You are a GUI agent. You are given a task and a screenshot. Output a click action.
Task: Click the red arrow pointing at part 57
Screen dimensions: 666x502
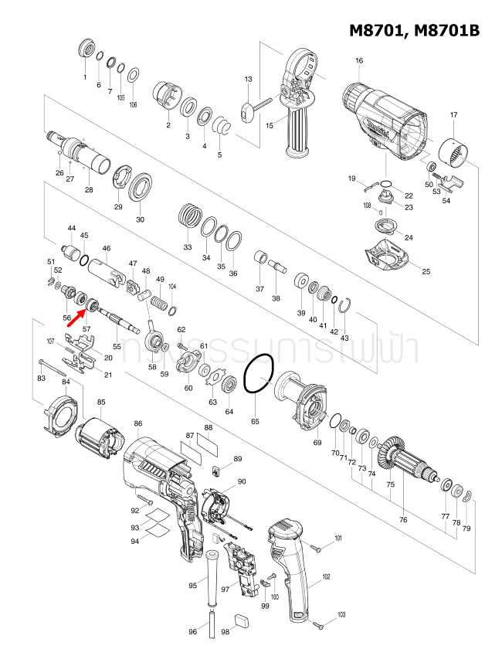(76, 318)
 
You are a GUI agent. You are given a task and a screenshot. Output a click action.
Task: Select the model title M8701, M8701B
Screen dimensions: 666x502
(415, 30)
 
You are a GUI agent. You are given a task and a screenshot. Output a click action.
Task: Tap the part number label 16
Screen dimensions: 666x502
(359, 61)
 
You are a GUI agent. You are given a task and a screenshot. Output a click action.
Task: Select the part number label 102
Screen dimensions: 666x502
(326, 576)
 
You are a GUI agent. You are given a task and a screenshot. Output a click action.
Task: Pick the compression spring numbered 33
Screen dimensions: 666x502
(188, 213)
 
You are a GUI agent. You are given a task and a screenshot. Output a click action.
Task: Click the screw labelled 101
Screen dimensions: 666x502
(317, 547)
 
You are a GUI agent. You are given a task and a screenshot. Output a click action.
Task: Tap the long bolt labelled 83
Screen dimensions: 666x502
(58, 363)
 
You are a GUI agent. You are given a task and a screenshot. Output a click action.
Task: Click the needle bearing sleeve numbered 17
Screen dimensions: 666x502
(453, 155)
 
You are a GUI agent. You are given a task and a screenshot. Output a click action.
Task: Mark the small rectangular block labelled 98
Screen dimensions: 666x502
(242, 619)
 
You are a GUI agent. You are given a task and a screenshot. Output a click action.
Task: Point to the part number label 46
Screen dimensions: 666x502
(107, 248)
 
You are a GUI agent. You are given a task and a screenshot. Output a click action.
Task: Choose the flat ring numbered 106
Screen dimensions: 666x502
(133, 75)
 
